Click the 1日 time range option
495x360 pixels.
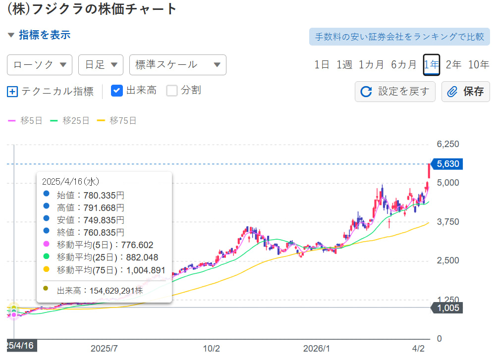tap(322, 64)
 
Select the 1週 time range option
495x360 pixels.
tap(344, 64)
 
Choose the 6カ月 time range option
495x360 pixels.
tap(403, 64)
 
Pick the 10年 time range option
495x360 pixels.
tap(478, 64)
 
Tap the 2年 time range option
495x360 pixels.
tap(453, 64)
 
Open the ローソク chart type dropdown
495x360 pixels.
tap(40, 65)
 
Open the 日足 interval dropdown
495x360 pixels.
tap(101, 65)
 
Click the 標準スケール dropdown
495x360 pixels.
tap(177, 65)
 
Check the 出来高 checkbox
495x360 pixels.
tap(117, 91)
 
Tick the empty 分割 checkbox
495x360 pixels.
tap(172, 91)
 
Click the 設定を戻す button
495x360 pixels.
tap(395, 92)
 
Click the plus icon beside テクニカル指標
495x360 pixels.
tap(13, 92)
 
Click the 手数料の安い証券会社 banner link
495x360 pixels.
tap(399, 37)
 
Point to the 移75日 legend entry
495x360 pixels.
tap(116, 120)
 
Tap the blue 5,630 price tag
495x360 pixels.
tap(448, 164)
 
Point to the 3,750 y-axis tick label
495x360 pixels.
tap(448, 221)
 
